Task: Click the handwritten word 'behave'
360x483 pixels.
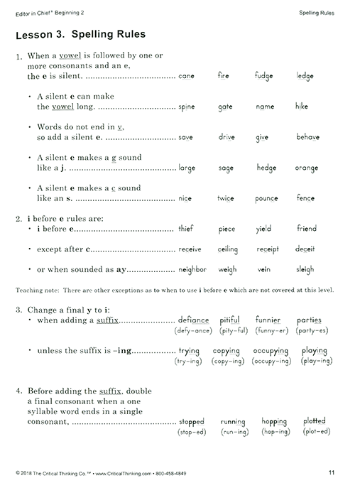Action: [x=307, y=137]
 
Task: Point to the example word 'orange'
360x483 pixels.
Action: [x=307, y=168]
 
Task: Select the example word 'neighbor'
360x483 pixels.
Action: [x=192, y=270]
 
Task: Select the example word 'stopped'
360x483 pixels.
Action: [x=192, y=422]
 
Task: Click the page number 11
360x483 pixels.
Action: [x=332, y=472]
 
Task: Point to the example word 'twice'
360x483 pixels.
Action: [x=225, y=199]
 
